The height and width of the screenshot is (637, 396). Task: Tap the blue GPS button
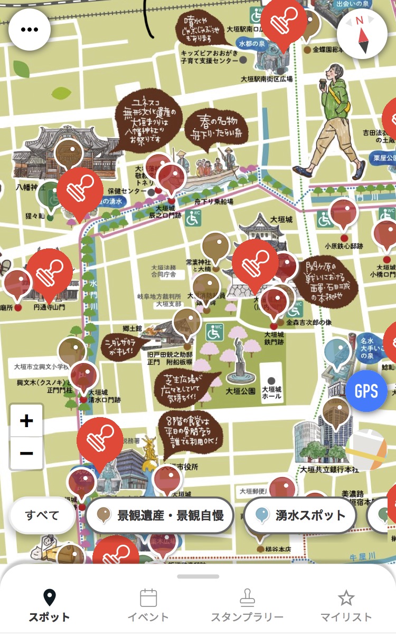point(366,391)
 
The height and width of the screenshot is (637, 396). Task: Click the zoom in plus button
point(26,421)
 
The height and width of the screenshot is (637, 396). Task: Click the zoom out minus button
point(26,453)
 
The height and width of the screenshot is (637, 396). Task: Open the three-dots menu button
point(29,30)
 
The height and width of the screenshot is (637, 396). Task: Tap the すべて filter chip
point(42,515)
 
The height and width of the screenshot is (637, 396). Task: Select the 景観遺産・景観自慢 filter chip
point(159,515)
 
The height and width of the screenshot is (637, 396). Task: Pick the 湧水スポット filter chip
point(300,515)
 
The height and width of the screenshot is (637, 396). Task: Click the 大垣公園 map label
point(240,391)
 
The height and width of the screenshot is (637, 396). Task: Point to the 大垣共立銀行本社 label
point(329,469)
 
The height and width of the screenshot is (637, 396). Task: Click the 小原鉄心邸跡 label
point(344,246)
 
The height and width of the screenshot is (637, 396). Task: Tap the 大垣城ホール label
point(271,392)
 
